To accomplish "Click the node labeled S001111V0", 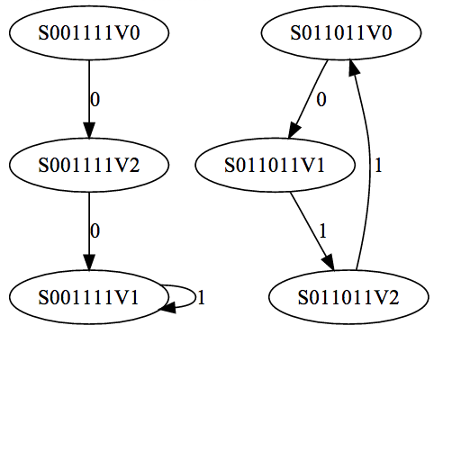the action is point(89,32).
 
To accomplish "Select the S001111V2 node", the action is point(89,165).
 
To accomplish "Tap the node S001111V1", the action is point(89,297).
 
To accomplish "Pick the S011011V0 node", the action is point(341,32).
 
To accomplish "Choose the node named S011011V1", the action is point(276,165).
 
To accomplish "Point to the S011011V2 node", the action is point(348,297).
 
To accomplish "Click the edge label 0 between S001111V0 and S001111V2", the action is point(95,99).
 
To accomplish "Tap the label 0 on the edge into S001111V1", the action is point(95,231).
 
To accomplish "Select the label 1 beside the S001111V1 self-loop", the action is point(202,297).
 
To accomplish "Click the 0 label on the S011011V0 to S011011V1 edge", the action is point(321,99).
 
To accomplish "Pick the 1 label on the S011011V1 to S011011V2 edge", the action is point(322,231).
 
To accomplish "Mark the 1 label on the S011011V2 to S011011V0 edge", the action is point(378,165).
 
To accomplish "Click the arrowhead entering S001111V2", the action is point(89,131).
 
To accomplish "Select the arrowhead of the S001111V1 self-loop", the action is point(168,308).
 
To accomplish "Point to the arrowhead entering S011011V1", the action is point(294,131).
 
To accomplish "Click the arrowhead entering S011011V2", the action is point(329,263).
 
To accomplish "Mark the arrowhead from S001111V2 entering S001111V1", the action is point(89,263).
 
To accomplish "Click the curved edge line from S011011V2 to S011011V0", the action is point(370,168).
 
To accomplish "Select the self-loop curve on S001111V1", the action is point(195,296).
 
